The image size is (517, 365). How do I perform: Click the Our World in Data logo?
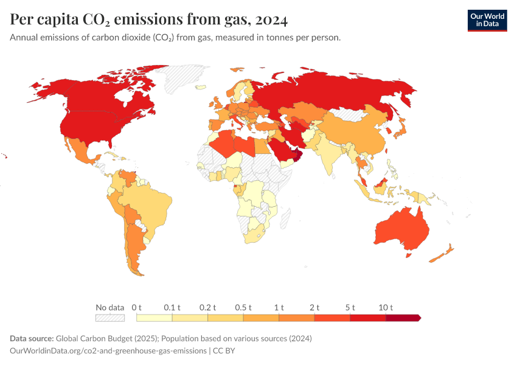click(x=487, y=20)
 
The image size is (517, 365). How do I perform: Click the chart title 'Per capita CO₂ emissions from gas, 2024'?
click(x=149, y=19)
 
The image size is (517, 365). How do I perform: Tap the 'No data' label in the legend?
click(x=110, y=307)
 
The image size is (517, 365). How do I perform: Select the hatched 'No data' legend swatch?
click(x=110, y=318)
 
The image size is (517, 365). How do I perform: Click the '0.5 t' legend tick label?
click(x=243, y=307)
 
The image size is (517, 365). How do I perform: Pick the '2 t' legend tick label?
click(x=314, y=307)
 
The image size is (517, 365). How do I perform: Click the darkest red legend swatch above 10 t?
click(x=403, y=318)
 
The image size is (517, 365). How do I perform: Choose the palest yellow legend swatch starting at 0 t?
click(x=154, y=318)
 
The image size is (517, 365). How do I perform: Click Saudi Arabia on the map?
click(x=283, y=149)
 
